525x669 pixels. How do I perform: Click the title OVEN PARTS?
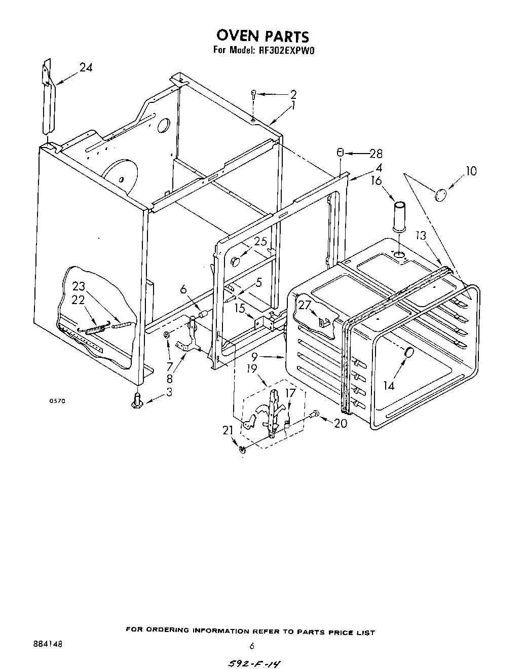pyautogui.click(x=262, y=36)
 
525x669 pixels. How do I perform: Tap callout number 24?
pyautogui.click(x=86, y=67)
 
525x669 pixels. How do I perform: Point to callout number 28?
pyautogui.click(x=376, y=154)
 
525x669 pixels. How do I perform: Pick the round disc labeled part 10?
pyautogui.click(x=441, y=194)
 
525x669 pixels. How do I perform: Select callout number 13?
pyautogui.click(x=421, y=236)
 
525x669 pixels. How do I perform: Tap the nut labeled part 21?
pyautogui.click(x=242, y=448)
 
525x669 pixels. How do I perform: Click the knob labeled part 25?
pyautogui.click(x=235, y=261)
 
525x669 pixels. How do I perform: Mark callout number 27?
pyautogui.click(x=304, y=305)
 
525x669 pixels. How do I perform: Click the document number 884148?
pyautogui.click(x=46, y=644)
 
